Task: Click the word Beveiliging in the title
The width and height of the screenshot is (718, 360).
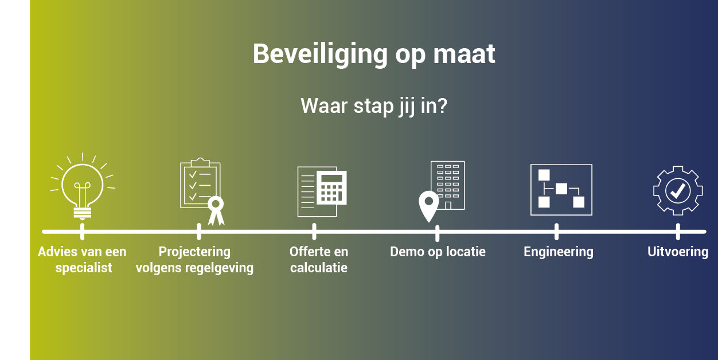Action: coord(320,54)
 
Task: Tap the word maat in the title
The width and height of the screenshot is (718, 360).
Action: coord(465,54)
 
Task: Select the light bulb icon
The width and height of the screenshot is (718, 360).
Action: coord(83,187)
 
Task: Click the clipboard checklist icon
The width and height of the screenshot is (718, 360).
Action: coord(200,183)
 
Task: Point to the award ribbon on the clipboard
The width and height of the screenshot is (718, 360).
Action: coord(216,210)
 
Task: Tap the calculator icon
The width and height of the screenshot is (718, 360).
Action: coord(331,187)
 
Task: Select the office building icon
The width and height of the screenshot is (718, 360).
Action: coord(448,185)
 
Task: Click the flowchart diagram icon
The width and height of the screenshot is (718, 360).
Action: coord(561,190)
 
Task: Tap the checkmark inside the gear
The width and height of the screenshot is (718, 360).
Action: coord(678,191)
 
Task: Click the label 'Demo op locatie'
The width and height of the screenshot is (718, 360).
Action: coord(438,252)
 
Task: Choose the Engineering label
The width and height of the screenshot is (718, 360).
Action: coord(559,252)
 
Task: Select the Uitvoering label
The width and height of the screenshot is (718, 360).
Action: coord(678,252)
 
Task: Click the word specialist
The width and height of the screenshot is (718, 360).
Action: coord(84,268)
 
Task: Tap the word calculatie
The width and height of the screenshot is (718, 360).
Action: coord(319,268)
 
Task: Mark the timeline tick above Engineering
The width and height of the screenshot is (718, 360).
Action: coord(556,232)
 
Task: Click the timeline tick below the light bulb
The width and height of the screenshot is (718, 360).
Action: coord(83,232)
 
